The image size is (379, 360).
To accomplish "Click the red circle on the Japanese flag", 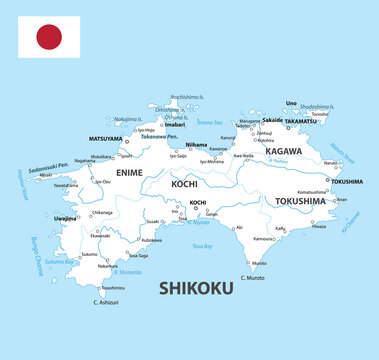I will [49, 38].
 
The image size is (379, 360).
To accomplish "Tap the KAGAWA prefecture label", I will [283, 150].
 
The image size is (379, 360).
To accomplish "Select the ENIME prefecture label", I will [130, 173].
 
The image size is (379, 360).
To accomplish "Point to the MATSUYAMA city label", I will [105, 138].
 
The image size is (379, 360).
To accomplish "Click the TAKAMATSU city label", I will [301, 121].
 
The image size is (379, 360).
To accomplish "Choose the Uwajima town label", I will [65, 217].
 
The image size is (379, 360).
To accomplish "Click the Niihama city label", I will [197, 144].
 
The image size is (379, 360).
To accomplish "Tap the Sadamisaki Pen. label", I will [49, 167].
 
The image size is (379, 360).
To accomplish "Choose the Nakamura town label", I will [108, 266].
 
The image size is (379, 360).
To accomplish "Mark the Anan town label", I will [341, 199].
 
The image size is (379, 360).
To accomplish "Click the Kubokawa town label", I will [150, 240].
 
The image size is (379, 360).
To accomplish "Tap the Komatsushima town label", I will [312, 191].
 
